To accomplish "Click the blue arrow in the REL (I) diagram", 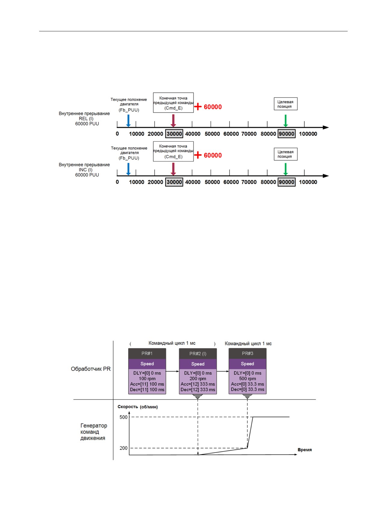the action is (128, 120).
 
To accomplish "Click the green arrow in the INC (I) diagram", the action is (286, 169).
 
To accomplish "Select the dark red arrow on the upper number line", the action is (173, 120).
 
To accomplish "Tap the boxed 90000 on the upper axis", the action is (286, 134).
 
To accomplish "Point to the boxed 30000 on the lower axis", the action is (174, 182).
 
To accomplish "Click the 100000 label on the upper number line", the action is (308, 134).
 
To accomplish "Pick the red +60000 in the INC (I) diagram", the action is (208, 155).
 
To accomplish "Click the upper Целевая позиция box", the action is (285, 104).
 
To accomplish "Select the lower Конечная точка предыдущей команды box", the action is (173, 151).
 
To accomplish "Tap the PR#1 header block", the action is (147, 353).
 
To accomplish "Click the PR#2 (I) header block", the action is (198, 354).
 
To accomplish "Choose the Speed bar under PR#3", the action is (247, 364).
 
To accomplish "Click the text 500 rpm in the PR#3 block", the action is (247, 378).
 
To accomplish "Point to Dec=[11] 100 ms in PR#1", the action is (147, 390).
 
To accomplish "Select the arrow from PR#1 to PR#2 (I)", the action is (173, 371).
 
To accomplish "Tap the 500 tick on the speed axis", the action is (123, 417).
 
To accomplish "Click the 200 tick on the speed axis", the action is (123, 448).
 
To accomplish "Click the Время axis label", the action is (305, 450).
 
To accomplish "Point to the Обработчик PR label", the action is (91, 369).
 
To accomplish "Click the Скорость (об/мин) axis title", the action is (138, 407).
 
